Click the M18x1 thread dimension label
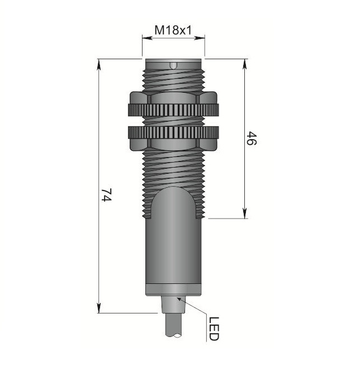click(173, 30)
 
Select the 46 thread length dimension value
click(251, 138)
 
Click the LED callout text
click(214, 329)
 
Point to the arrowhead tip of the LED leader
click(177, 298)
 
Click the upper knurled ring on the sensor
click(173, 110)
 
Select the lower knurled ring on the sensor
click(173, 132)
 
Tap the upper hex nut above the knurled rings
click(173, 98)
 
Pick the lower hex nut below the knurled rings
click(173, 144)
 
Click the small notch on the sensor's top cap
click(173, 66)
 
